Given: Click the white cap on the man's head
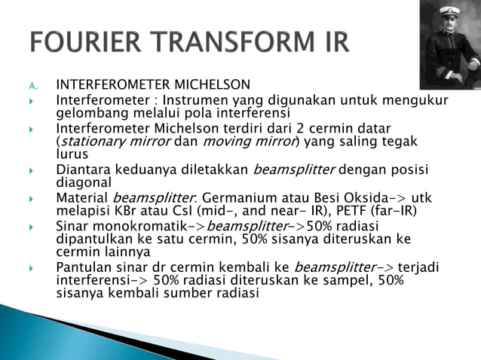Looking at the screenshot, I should [x=450, y=11].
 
